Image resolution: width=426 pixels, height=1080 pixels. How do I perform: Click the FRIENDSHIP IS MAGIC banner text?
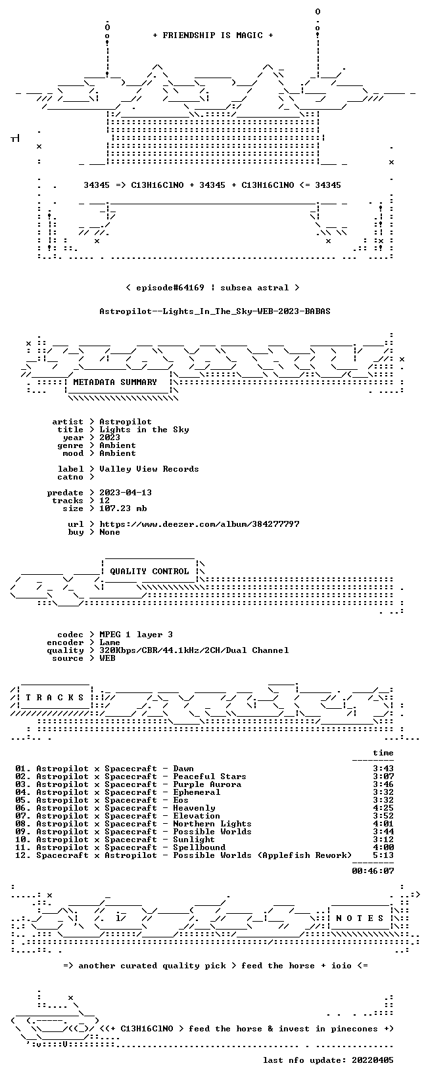pos(213,35)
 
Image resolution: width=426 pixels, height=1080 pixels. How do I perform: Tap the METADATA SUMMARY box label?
pos(115,382)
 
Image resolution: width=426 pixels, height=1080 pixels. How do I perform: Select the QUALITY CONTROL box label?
pos(149,572)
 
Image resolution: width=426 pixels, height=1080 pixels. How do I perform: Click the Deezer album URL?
pos(199,524)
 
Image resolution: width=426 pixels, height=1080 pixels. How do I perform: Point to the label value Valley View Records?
pos(149,469)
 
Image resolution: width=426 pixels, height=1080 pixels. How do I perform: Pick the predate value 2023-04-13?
pos(126,493)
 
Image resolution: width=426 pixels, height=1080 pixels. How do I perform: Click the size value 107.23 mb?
pos(123,508)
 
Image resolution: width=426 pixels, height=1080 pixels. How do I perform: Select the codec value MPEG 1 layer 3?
pos(136,635)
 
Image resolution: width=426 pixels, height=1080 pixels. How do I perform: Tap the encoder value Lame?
pos(110,642)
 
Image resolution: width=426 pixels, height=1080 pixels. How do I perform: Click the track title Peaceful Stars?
pos(210,776)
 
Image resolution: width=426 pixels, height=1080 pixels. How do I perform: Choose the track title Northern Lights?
pos(212,824)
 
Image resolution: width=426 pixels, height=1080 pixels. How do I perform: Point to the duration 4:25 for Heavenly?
pos(383,808)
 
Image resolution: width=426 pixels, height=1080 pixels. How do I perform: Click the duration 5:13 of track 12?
pos(383,855)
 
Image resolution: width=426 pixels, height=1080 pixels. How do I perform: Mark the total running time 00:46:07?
pos(373,871)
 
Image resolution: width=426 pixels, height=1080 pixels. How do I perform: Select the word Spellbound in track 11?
pos(199,847)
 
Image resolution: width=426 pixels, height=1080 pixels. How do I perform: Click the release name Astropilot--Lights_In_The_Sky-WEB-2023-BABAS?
pos(215,311)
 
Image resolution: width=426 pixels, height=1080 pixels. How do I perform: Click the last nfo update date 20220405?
pos(373,1060)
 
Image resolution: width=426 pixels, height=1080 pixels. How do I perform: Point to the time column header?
pos(383,753)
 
